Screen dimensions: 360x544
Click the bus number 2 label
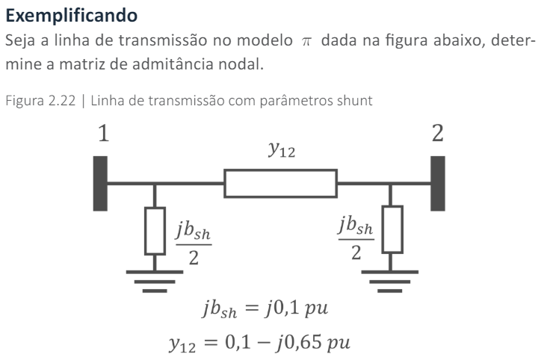(x=438, y=134)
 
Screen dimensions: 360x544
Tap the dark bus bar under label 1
(x=99, y=183)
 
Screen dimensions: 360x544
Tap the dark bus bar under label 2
(x=438, y=183)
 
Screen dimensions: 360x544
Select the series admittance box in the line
(x=280, y=183)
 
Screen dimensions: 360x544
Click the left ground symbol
(x=155, y=279)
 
